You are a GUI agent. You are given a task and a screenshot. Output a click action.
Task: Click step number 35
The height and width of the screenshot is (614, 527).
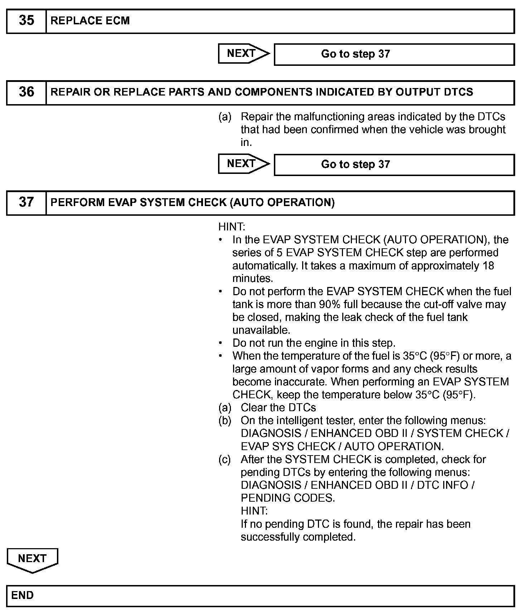click(x=26, y=21)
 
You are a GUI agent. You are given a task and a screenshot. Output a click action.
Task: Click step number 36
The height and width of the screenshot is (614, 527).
click(x=26, y=92)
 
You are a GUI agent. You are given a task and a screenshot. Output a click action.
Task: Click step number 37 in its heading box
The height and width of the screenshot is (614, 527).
click(x=26, y=203)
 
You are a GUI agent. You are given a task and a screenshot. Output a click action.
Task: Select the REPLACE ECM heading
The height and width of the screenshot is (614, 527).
click(x=90, y=21)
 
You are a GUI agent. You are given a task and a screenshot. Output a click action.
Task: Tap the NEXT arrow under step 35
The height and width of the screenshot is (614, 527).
click(x=243, y=54)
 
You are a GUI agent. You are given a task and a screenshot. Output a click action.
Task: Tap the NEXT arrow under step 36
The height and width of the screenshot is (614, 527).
click(x=243, y=164)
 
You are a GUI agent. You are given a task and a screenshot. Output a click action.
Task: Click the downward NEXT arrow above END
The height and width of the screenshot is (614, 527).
click(x=32, y=559)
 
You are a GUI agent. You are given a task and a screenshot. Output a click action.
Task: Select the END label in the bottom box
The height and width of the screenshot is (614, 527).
click(x=23, y=595)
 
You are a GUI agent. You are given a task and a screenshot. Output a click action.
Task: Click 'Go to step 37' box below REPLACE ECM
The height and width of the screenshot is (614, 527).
click(x=394, y=54)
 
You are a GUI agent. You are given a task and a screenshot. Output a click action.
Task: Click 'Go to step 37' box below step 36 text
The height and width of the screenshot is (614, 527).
click(x=394, y=165)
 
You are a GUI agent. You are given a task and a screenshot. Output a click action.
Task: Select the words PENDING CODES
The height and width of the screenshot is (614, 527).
click(x=287, y=498)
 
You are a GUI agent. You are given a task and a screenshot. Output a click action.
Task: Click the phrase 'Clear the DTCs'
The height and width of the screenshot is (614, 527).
click(x=278, y=408)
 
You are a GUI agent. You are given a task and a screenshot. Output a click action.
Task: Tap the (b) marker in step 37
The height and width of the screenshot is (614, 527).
click(x=225, y=420)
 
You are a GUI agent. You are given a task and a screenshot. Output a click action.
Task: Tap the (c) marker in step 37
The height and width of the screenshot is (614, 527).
click(x=225, y=459)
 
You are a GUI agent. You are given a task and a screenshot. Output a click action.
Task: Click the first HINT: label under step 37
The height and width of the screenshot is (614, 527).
click(x=232, y=227)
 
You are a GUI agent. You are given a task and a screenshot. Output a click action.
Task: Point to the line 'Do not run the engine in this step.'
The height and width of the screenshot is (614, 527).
click(x=314, y=343)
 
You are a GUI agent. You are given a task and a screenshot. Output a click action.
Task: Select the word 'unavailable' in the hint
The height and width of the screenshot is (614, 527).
click(x=261, y=330)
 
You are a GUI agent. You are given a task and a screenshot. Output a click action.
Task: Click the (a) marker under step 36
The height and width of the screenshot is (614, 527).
click(x=225, y=117)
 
